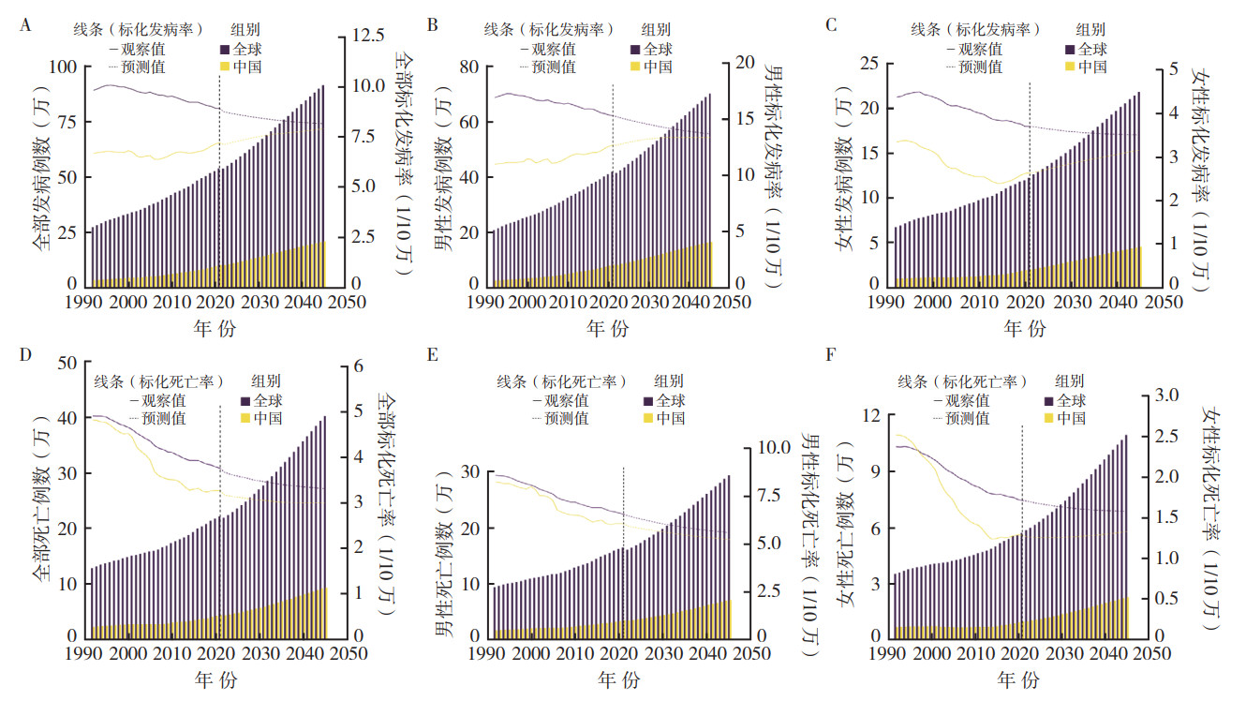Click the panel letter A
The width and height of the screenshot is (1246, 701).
(x=25, y=26)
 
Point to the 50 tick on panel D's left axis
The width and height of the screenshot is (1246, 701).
(x=67, y=364)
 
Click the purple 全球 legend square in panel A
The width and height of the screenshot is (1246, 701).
(x=225, y=49)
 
